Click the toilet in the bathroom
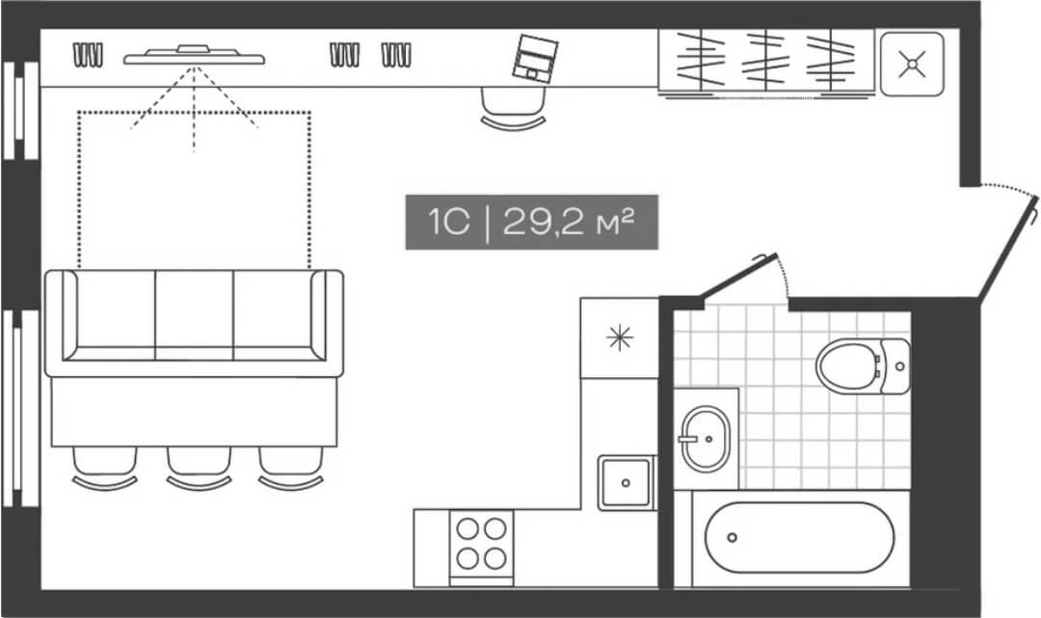click(x=863, y=365)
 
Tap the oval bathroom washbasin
click(x=705, y=439)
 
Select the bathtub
click(x=799, y=537)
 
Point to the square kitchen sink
click(x=626, y=483)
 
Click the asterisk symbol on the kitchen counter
click(x=620, y=337)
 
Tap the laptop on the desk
click(x=534, y=59)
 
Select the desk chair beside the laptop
click(x=513, y=108)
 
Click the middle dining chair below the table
click(x=199, y=468)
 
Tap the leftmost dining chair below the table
click(x=105, y=468)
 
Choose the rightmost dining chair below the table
click(x=291, y=468)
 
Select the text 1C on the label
click(x=449, y=222)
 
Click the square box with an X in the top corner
click(x=912, y=64)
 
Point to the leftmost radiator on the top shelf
click(x=88, y=55)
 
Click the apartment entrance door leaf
click(x=1008, y=247)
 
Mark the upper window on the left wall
click(x=20, y=110)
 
